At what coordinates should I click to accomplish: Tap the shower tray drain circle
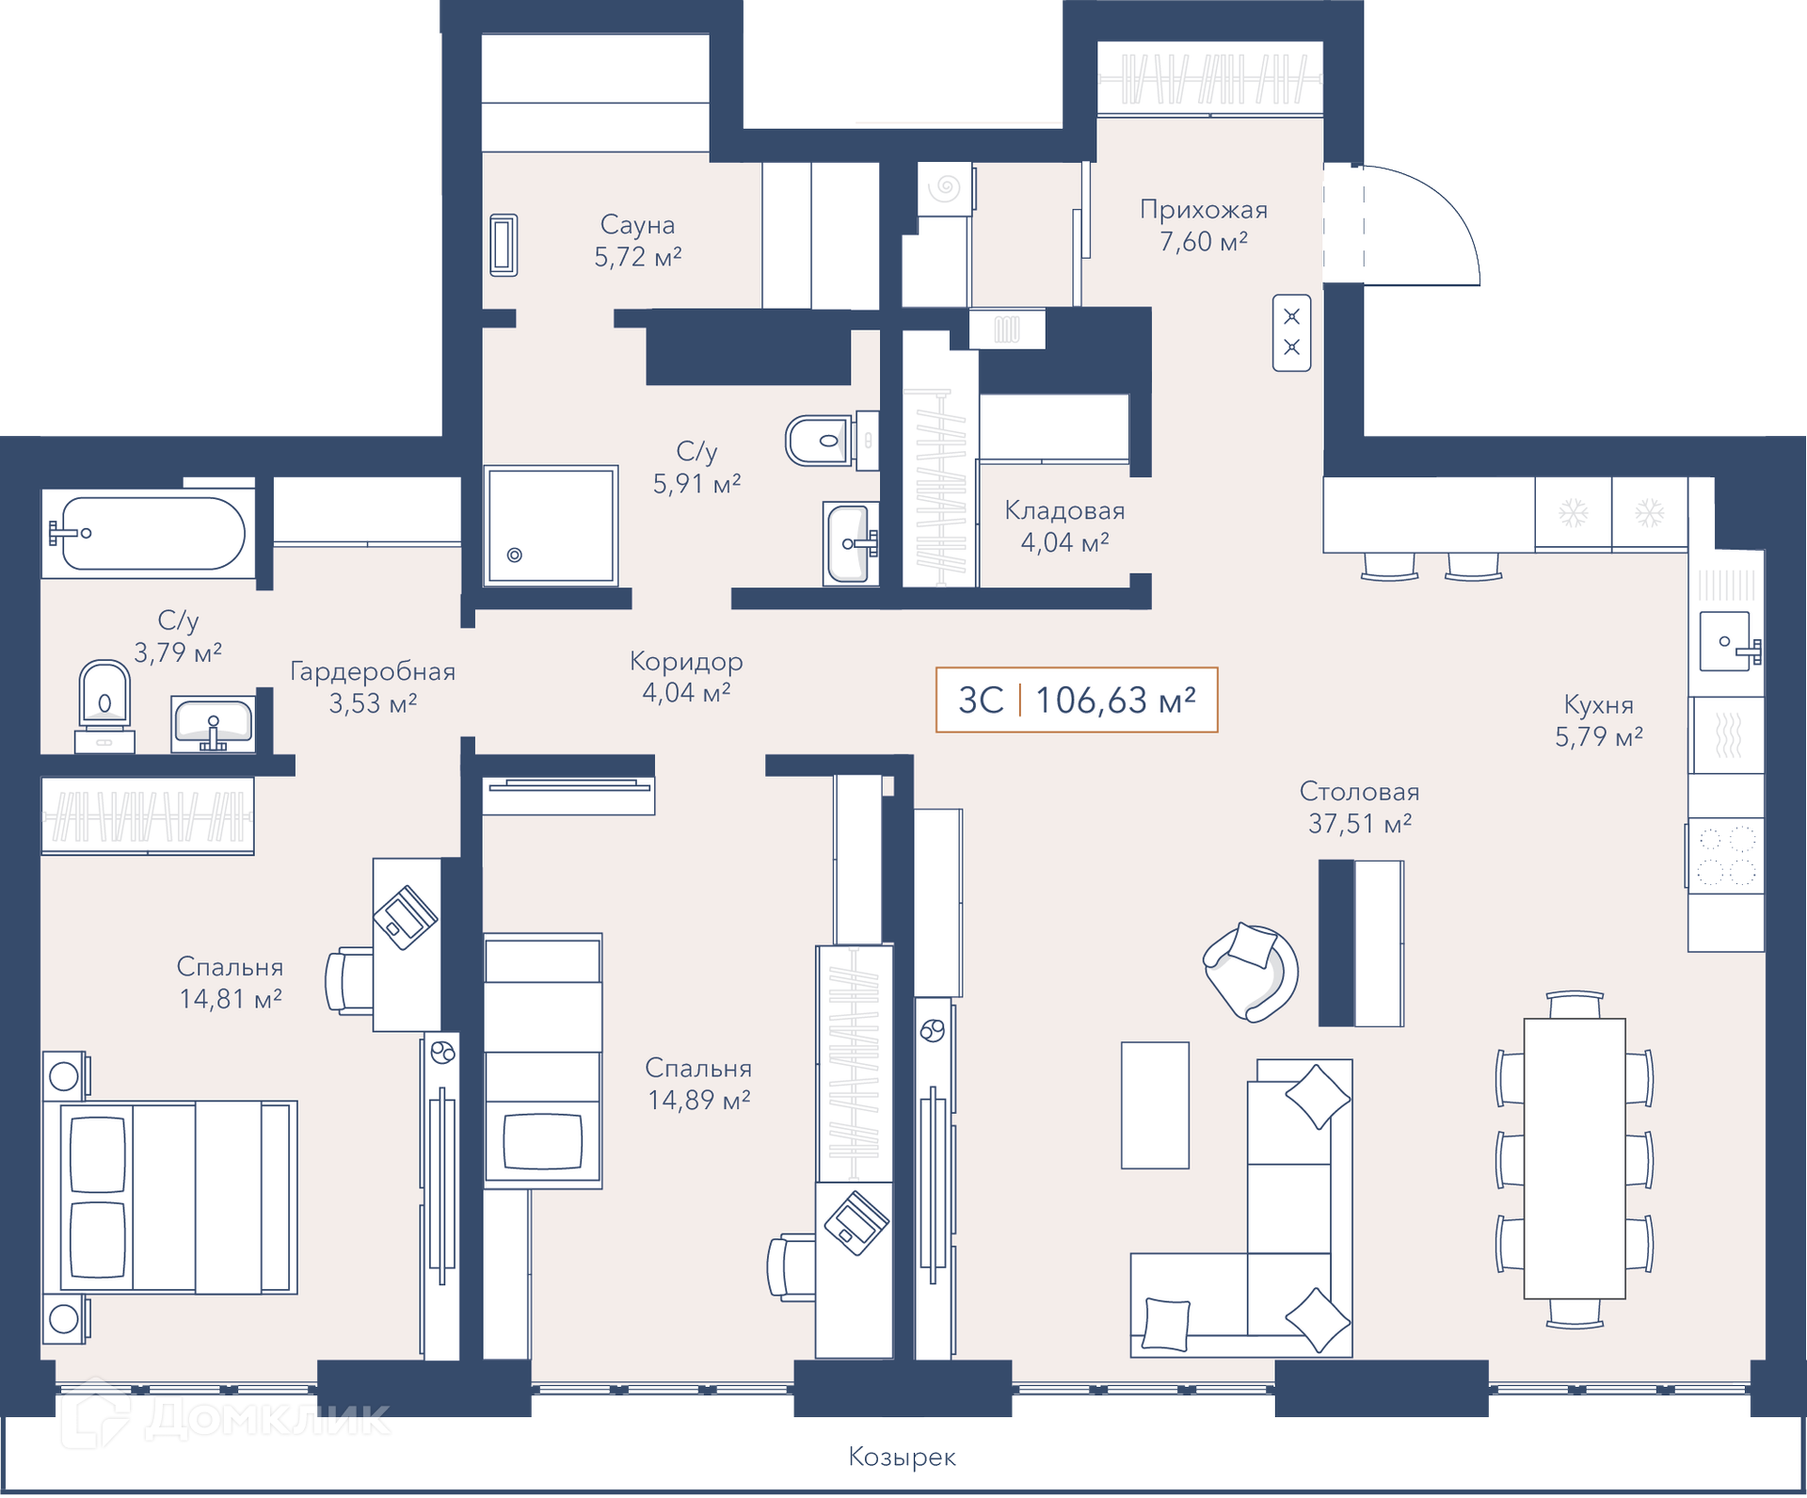click(515, 556)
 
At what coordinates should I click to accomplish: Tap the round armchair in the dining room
click(1251, 973)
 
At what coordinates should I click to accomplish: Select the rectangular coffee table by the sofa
click(1155, 1105)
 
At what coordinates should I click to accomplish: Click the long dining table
click(1575, 1159)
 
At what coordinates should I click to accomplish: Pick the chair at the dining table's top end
click(1575, 1005)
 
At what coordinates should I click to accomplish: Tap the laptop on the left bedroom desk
click(405, 917)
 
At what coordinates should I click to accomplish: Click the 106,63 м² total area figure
click(1115, 701)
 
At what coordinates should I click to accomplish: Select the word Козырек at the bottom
click(902, 1458)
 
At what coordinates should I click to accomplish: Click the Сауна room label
click(637, 225)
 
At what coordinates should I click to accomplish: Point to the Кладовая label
click(1064, 511)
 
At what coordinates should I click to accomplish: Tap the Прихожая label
click(1204, 210)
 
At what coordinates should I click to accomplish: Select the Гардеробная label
click(373, 671)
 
